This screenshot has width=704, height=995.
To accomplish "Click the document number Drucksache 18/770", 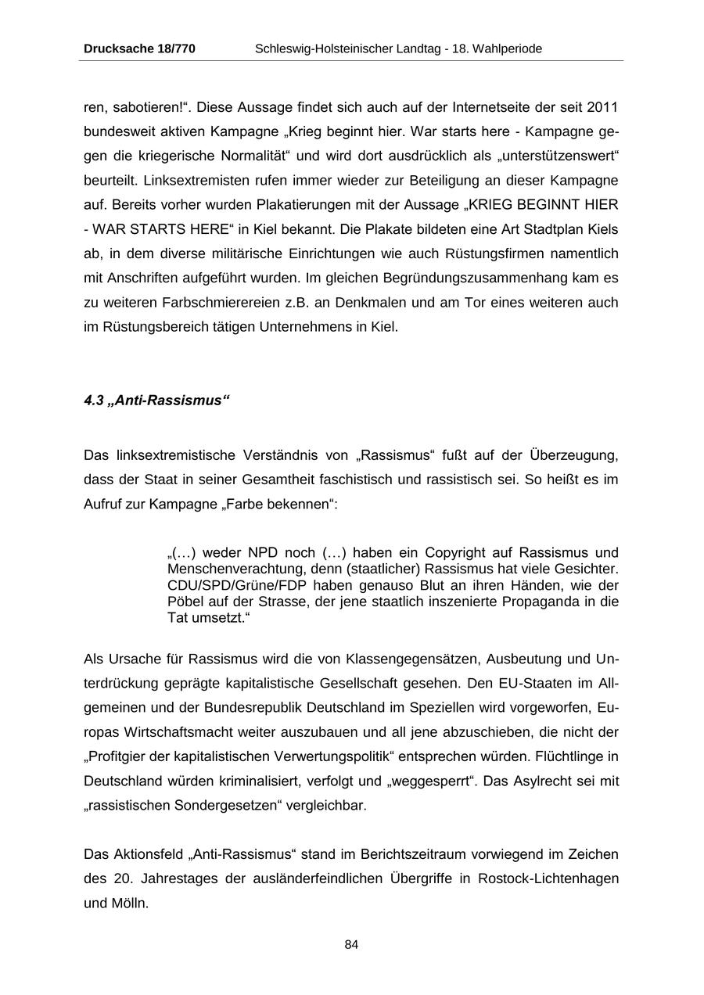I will point(139,48).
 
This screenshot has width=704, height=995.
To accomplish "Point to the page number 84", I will point(351,944).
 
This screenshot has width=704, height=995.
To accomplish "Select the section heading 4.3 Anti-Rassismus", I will point(156,401).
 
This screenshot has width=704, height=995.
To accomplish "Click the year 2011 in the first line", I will point(602,106).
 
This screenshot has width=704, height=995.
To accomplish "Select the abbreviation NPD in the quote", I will point(264,553).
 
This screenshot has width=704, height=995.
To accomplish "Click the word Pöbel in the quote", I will point(185,602).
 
